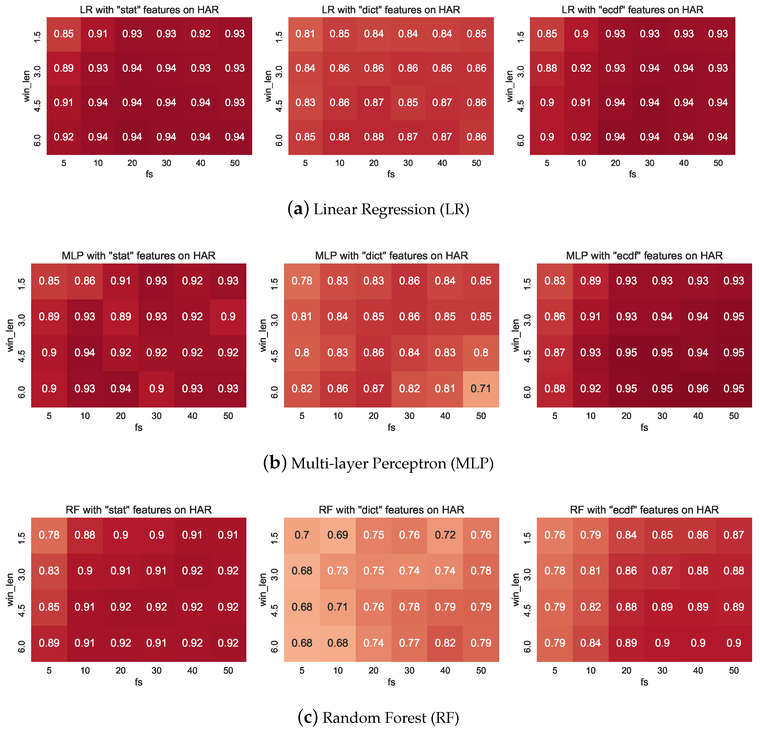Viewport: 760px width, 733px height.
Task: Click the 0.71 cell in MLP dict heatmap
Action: [x=481, y=388]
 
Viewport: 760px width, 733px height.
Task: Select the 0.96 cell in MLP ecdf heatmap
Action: [x=698, y=388]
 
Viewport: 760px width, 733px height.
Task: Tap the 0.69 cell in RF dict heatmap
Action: [x=338, y=535]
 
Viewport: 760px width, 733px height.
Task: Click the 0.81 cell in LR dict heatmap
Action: [x=305, y=34]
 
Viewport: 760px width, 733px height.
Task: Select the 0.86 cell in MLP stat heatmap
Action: [x=85, y=281]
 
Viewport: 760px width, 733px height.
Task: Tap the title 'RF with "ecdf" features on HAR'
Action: [x=644, y=509]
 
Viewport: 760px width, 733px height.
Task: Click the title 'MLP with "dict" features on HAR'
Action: [x=391, y=255]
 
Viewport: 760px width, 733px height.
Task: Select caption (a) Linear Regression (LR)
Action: [x=378, y=209]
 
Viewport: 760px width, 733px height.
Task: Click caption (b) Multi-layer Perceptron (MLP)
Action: [x=378, y=463]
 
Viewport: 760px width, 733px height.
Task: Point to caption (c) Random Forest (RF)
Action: [x=378, y=717]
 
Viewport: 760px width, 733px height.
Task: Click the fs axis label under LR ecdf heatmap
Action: [x=633, y=174]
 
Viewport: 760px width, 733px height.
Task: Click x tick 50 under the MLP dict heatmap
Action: [x=481, y=416]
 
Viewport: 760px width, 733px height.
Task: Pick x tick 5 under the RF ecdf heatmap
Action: [x=555, y=671]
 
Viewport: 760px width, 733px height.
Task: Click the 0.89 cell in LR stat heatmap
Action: [x=64, y=68]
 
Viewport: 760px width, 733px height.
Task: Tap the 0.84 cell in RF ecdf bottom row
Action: [x=590, y=643]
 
